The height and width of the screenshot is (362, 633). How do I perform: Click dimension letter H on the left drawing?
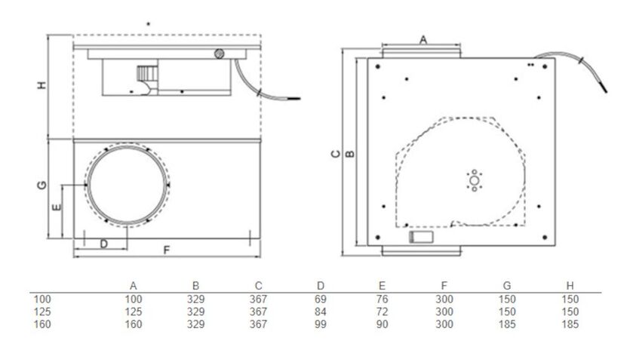click(42, 86)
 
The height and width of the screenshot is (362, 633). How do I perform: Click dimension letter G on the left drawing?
click(42, 184)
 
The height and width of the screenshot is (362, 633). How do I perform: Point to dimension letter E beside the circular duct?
click(55, 205)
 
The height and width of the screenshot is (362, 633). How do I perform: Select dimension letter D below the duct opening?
click(103, 243)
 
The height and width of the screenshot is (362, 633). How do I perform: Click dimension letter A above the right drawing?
click(423, 38)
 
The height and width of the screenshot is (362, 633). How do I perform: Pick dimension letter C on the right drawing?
click(336, 154)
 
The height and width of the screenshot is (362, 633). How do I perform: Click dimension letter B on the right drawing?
click(349, 154)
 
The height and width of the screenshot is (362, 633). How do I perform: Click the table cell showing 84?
click(321, 311)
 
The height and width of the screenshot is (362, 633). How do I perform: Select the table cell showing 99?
click(321, 324)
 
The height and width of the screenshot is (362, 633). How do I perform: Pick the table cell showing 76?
click(383, 299)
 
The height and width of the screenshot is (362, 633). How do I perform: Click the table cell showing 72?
click(383, 311)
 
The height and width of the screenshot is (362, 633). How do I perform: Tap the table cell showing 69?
click(321, 299)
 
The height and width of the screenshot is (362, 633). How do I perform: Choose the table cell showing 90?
click(383, 324)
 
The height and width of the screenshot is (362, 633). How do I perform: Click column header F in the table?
click(444, 286)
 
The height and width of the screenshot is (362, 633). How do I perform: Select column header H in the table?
click(570, 286)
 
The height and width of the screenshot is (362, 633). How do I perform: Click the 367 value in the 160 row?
click(258, 324)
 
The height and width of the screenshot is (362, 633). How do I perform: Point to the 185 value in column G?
click(507, 324)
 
